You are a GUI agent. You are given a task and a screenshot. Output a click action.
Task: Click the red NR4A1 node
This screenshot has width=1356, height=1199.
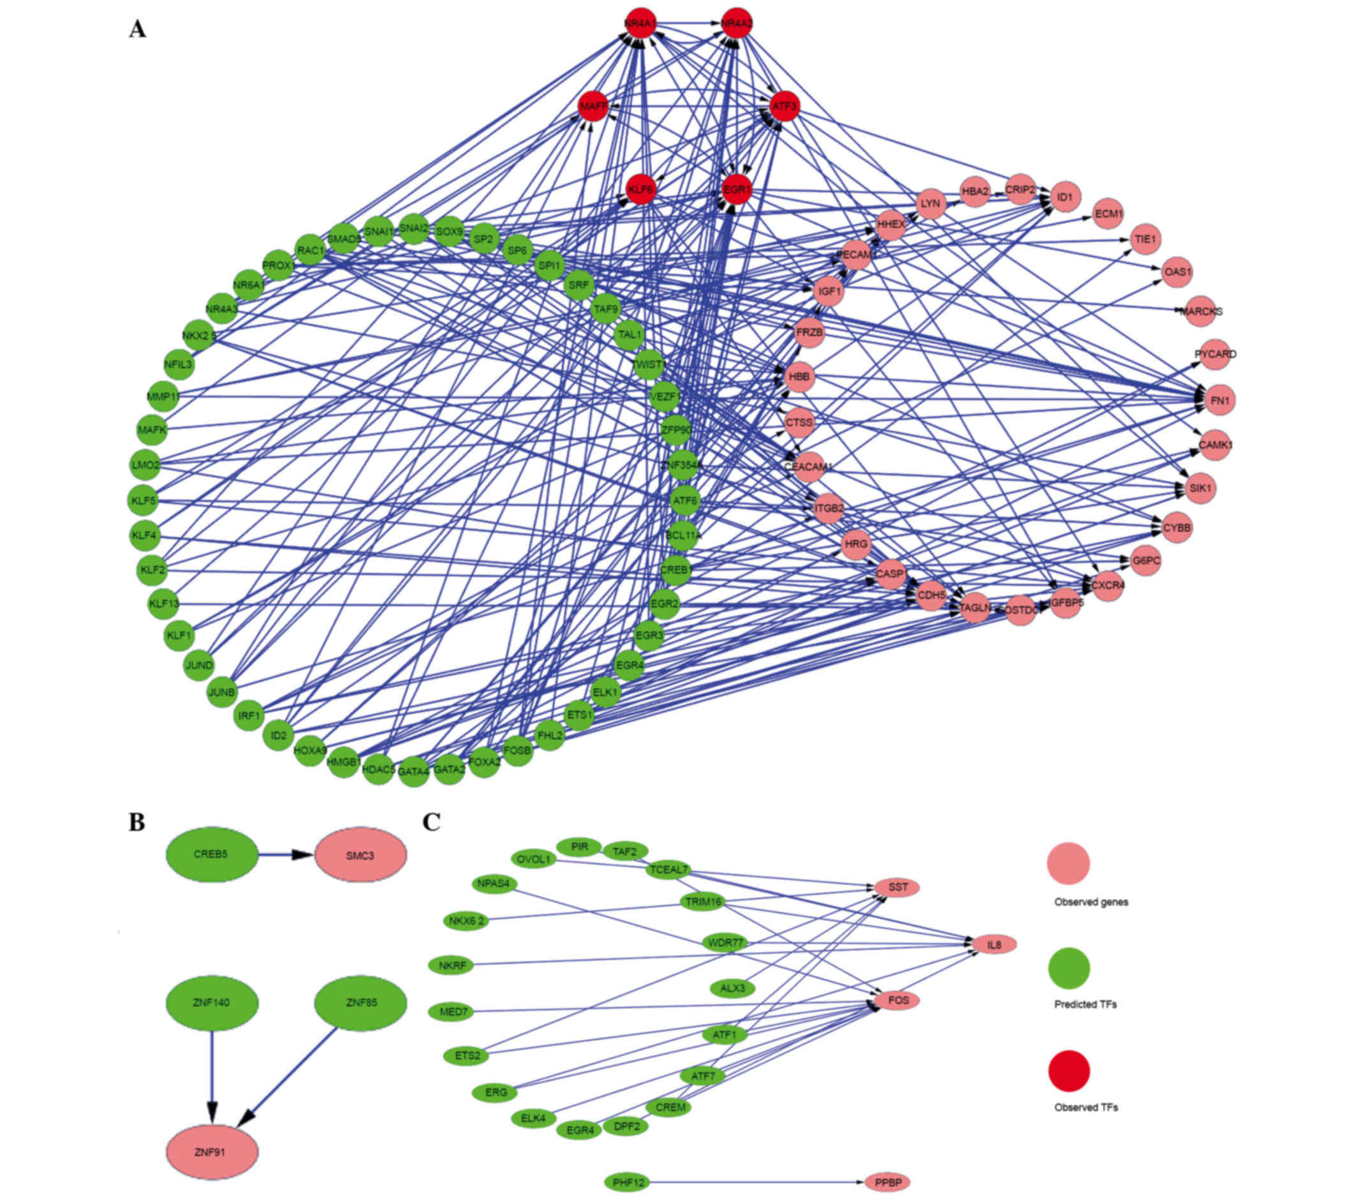click(640, 24)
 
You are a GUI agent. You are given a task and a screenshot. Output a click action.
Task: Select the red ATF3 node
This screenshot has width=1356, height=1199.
click(785, 106)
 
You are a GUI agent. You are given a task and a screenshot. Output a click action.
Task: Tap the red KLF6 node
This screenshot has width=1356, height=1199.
click(641, 189)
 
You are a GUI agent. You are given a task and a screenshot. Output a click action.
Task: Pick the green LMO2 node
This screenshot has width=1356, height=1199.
click(145, 465)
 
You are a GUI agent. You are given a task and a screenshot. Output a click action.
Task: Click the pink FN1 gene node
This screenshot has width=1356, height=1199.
click(1220, 401)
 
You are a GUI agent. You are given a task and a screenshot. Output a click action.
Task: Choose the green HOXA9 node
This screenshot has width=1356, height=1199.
click(310, 750)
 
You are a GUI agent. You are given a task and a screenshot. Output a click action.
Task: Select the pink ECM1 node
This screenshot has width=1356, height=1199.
click(1108, 214)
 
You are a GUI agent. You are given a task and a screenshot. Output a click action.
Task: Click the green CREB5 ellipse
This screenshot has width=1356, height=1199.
click(211, 854)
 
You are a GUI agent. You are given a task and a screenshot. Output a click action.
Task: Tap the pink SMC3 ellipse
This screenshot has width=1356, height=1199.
click(360, 855)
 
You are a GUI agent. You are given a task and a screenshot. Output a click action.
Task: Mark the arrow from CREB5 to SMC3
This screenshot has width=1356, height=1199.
click(285, 854)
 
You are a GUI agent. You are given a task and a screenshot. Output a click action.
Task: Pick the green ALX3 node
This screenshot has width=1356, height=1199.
click(732, 988)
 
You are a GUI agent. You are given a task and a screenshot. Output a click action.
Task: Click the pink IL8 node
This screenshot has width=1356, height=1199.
click(993, 944)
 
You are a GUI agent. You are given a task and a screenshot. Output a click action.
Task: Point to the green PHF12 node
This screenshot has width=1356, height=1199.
click(627, 1182)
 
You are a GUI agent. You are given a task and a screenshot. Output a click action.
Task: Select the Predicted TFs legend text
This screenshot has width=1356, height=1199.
click(1086, 1004)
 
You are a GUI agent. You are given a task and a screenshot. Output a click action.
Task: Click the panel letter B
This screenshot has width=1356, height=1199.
click(136, 822)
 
